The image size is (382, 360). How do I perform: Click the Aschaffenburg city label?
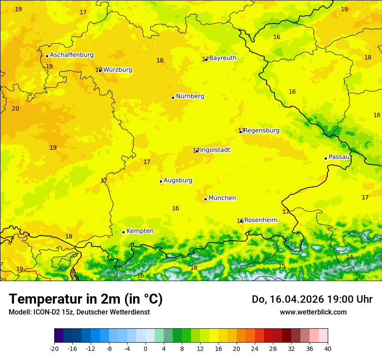(72, 55)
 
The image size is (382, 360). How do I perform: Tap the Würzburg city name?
(118, 70)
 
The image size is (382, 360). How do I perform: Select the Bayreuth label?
(223, 58)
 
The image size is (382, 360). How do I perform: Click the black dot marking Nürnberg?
(173, 98)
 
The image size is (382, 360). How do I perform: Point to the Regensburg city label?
(261, 131)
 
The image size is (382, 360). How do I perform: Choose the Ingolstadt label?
(215, 150)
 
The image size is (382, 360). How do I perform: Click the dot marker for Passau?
(326, 158)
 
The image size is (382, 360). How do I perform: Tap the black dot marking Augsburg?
(161, 181)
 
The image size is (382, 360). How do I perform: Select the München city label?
(222, 198)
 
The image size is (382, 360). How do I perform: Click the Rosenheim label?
(260, 220)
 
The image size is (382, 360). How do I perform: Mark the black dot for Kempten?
(123, 232)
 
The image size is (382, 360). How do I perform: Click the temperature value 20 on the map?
(16, 108)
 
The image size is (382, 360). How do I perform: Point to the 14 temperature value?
(349, 257)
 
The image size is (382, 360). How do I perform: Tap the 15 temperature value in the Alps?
(282, 266)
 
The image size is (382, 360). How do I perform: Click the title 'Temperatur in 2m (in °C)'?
(86, 299)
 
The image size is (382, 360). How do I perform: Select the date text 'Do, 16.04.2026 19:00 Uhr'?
(312, 299)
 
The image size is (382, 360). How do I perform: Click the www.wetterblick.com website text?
(313, 312)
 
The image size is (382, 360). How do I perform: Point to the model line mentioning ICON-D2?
(79, 312)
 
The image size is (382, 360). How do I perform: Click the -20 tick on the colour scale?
(54, 349)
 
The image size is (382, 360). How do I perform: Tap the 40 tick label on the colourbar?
(328, 349)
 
